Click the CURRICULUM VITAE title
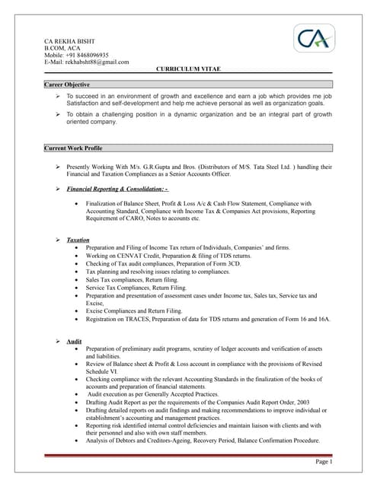(188, 69)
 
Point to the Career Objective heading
(68, 84)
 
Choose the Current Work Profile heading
(74, 148)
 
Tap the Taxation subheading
(78, 240)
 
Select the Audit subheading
(74, 341)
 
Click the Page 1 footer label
(324, 462)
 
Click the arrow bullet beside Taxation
(59, 240)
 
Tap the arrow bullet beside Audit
(59, 341)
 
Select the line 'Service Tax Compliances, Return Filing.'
(136, 288)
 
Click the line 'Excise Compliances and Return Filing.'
(134, 311)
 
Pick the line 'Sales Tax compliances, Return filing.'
(133, 280)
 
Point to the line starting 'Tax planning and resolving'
(158, 272)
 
